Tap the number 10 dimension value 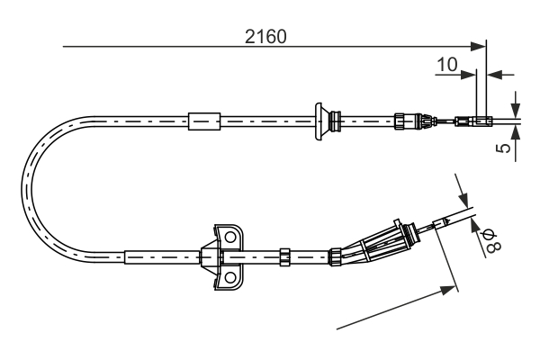[446, 65]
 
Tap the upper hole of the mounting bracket [231, 238]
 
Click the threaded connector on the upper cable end [409, 119]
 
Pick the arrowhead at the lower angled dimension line [449, 287]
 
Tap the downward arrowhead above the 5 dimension [516, 109]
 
